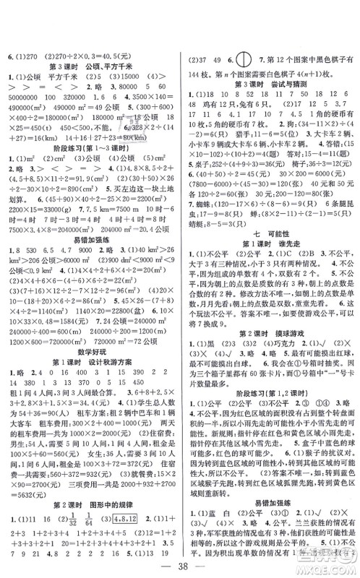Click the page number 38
pyautogui.click(x=180, y=566)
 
